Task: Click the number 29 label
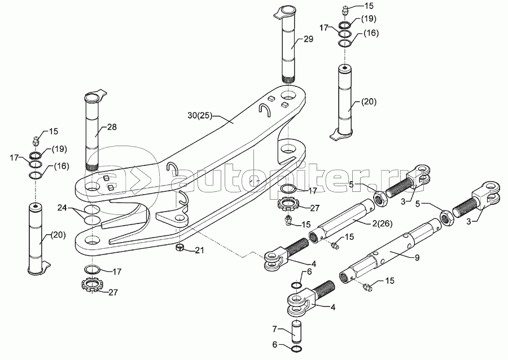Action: coord(308,39)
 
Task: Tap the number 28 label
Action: coord(112,127)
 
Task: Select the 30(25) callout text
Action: coord(200,115)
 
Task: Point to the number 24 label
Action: coord(63,208)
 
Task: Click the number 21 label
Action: coord(200,250)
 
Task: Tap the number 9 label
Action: coord(417,257)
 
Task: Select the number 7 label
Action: coord(274,329)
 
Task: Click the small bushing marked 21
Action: coord(180,248)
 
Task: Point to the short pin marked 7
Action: coord(297,332)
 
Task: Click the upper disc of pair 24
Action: coord(92,209)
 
